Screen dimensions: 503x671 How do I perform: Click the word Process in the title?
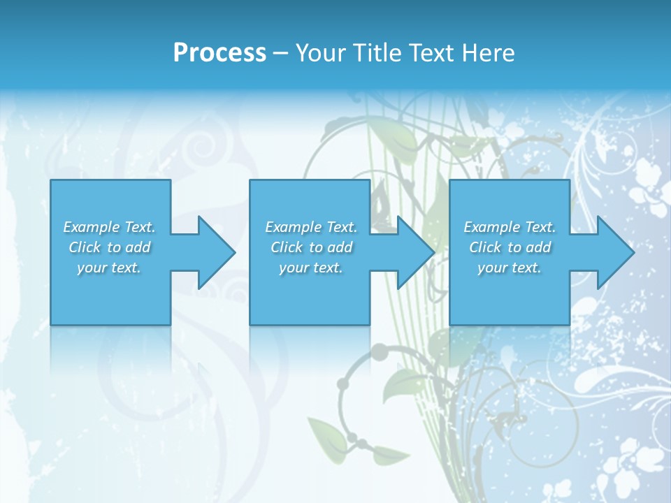[219, 53]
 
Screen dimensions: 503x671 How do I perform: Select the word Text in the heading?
[433, 53]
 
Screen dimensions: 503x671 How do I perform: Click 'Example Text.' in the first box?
[109, 227]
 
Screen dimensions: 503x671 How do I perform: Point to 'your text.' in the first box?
[109, 268]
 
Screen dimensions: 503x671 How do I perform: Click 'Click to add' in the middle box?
[311, 247]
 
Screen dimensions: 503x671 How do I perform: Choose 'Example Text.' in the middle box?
[311, 227]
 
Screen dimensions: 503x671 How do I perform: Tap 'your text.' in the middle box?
[311, 268]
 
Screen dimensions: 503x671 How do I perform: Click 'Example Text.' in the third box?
[510, 227]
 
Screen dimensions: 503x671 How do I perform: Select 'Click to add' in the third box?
[510, 247]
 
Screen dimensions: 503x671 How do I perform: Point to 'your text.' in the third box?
[510, 268]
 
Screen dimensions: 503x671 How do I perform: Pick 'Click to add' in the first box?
[109, 247]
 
